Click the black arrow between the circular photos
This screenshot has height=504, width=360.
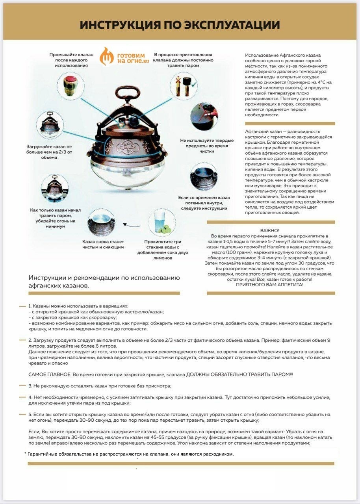coord(130,225)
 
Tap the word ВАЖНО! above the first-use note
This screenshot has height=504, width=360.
coord(270,230)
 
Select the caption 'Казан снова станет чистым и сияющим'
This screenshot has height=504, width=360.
coord(103,244)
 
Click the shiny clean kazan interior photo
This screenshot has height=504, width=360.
coord(101,223)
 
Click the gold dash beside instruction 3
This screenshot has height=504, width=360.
coord(23,385)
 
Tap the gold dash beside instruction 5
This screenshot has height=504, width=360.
coord(23,414)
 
